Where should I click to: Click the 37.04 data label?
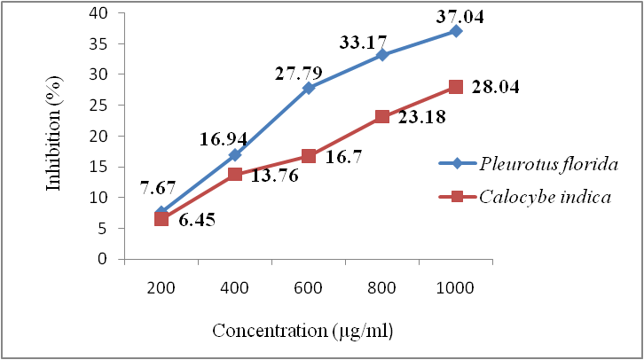[460, 14]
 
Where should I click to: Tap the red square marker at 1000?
[456, 86]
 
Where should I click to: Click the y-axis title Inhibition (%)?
[54, 137]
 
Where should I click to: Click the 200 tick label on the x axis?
[161, 287]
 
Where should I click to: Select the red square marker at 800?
[382, 116]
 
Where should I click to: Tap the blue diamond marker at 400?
[235, 154]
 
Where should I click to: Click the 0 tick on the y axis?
[111, 259]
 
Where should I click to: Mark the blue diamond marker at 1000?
[456, 31]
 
